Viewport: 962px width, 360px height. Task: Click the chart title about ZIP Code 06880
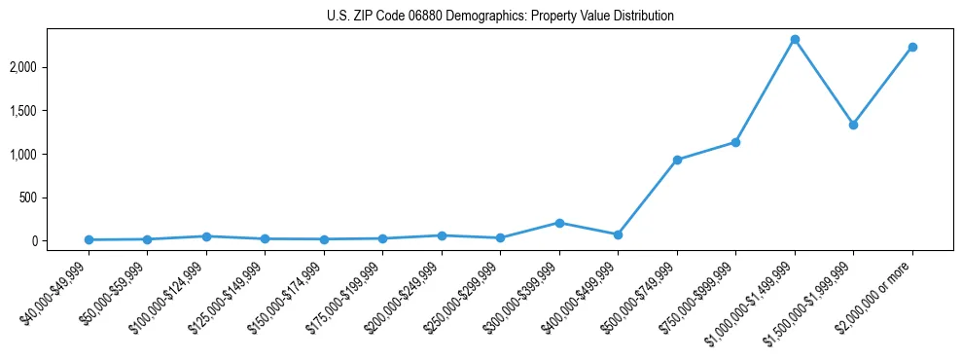tap(500, 17)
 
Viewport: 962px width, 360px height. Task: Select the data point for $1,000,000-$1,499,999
tap(795, 40)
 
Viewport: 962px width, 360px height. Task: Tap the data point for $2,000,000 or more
tap(912, 47)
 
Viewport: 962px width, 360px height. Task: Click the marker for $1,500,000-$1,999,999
tap(853, 125)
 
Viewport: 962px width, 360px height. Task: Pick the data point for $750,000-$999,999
tap(735, 142)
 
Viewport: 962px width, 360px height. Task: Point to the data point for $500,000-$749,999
tap(677, 160)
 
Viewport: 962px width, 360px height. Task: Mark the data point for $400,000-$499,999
tap(618, 234)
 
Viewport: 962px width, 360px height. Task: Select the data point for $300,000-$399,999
tap(559, 223)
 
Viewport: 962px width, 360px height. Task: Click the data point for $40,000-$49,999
tap(89, 239)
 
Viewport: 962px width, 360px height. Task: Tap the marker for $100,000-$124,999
tap(206, 236)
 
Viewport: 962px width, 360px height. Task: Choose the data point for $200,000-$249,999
tap(442, 235)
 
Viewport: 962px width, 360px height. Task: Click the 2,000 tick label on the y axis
tap(53, 67)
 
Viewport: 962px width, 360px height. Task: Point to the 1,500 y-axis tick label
tap(53, 111)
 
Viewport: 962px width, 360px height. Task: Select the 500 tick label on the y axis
tap(57, 198)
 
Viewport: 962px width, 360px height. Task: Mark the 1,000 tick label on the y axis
tap(53, 155)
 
